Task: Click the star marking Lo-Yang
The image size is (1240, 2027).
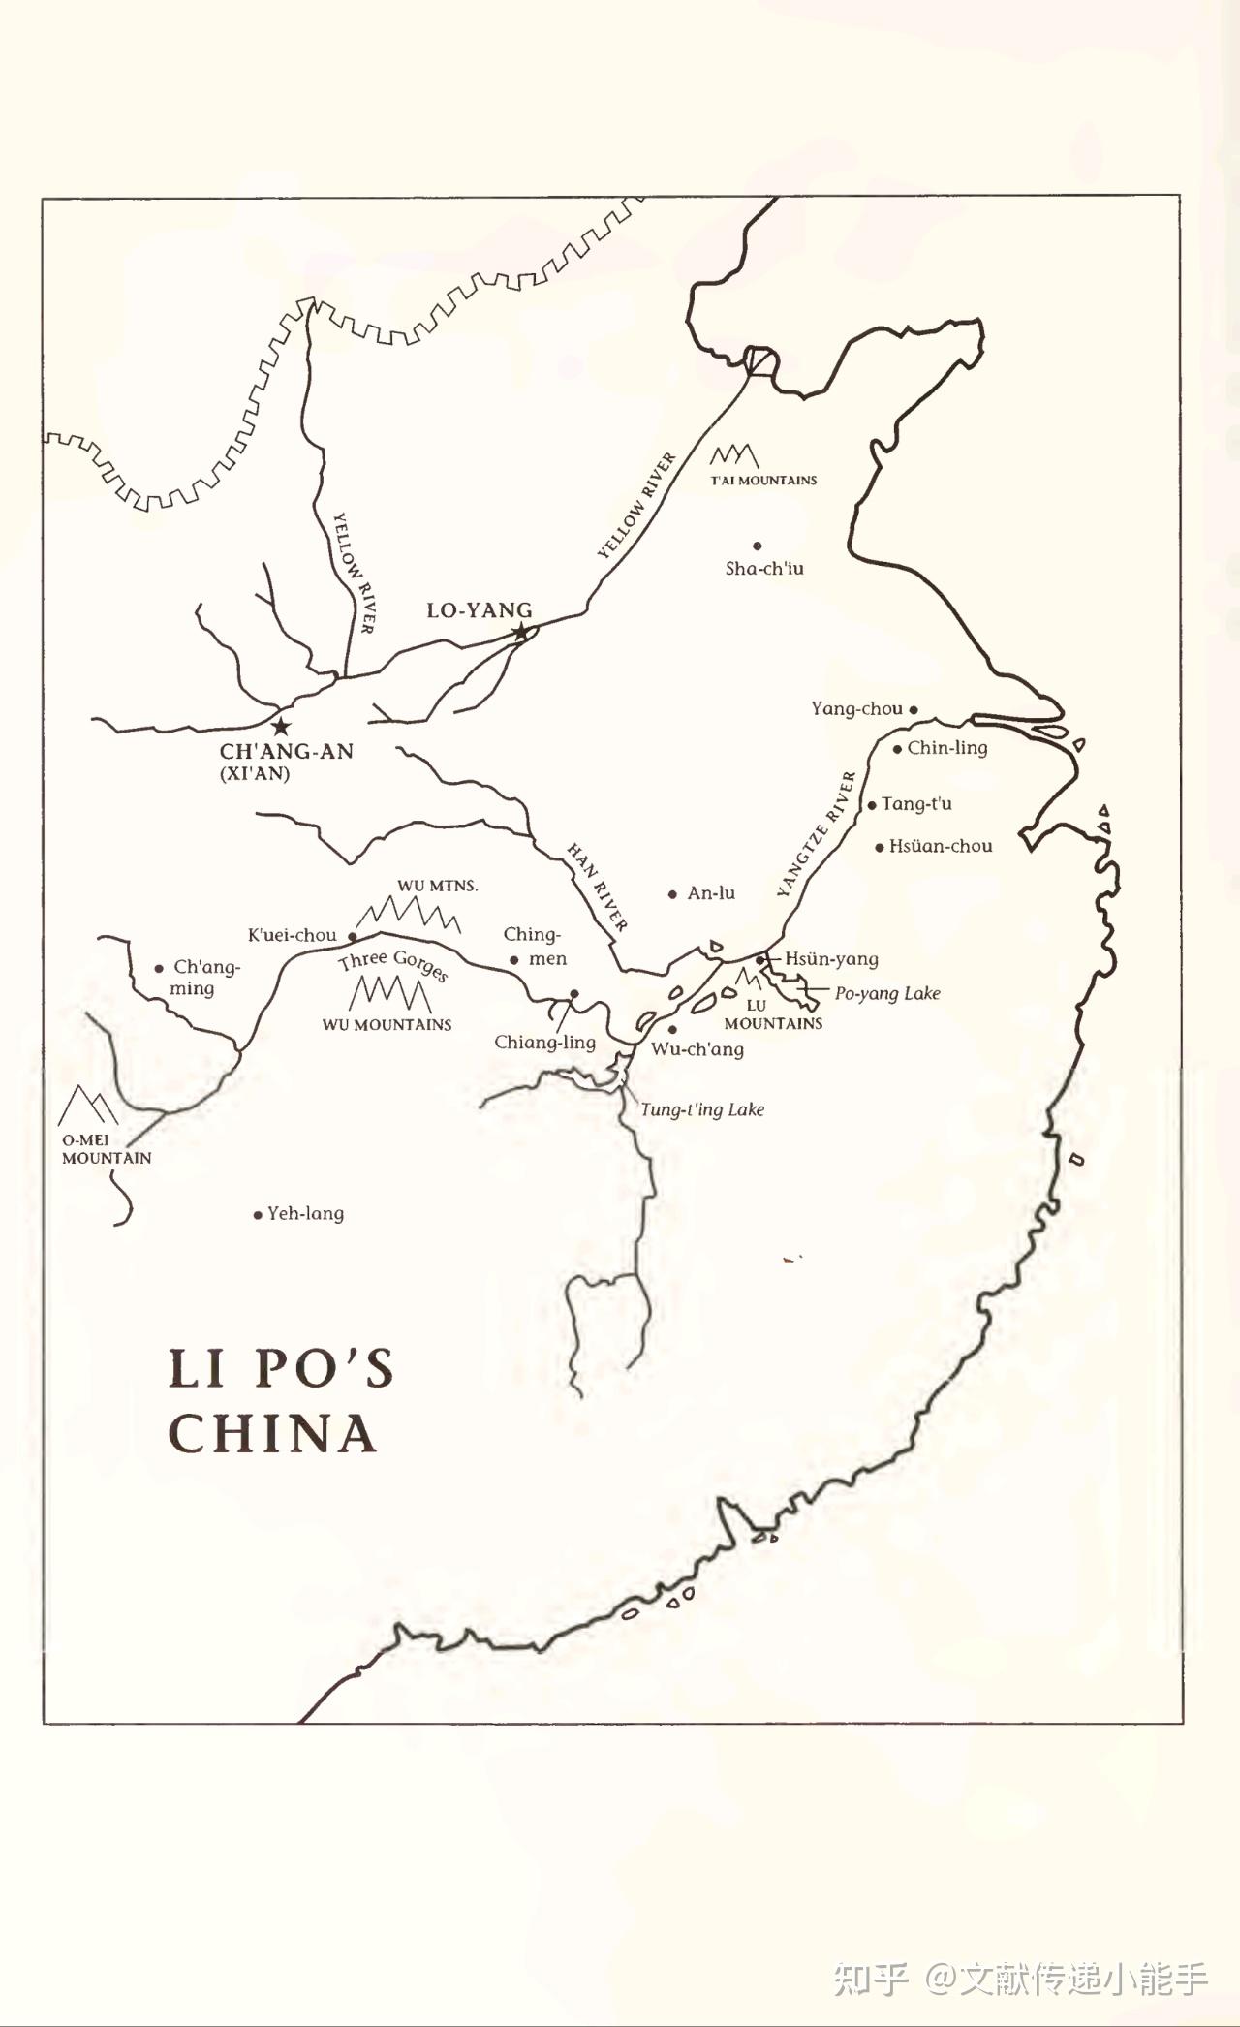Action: pos(521,633)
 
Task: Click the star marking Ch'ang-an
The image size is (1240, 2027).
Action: pos(281,726)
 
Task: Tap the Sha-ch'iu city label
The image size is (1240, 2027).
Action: pos(764,569)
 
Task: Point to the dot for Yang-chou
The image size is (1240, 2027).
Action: pos(914,709)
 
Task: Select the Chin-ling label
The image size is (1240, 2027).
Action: pos(946,747)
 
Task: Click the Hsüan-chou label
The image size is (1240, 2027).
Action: pos(940,846)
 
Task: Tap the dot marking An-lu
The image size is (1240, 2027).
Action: pos(672,894)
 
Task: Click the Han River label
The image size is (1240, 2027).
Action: pos(597,887)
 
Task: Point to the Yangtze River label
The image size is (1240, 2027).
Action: pos(818,833)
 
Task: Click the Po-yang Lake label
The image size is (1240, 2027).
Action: pos(887,993)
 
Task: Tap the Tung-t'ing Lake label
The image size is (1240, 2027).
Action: pos(702,1109)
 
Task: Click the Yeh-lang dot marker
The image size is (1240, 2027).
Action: pos(258,1215)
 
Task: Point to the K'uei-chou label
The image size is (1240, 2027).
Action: pos(292,935)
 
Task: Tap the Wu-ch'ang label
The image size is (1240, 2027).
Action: pos(697,1048)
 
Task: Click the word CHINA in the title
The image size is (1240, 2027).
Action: pos(272,1433)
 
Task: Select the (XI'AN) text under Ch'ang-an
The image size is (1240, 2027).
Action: pos(255,773)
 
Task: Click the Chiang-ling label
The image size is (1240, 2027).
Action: pos(544,1042)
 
